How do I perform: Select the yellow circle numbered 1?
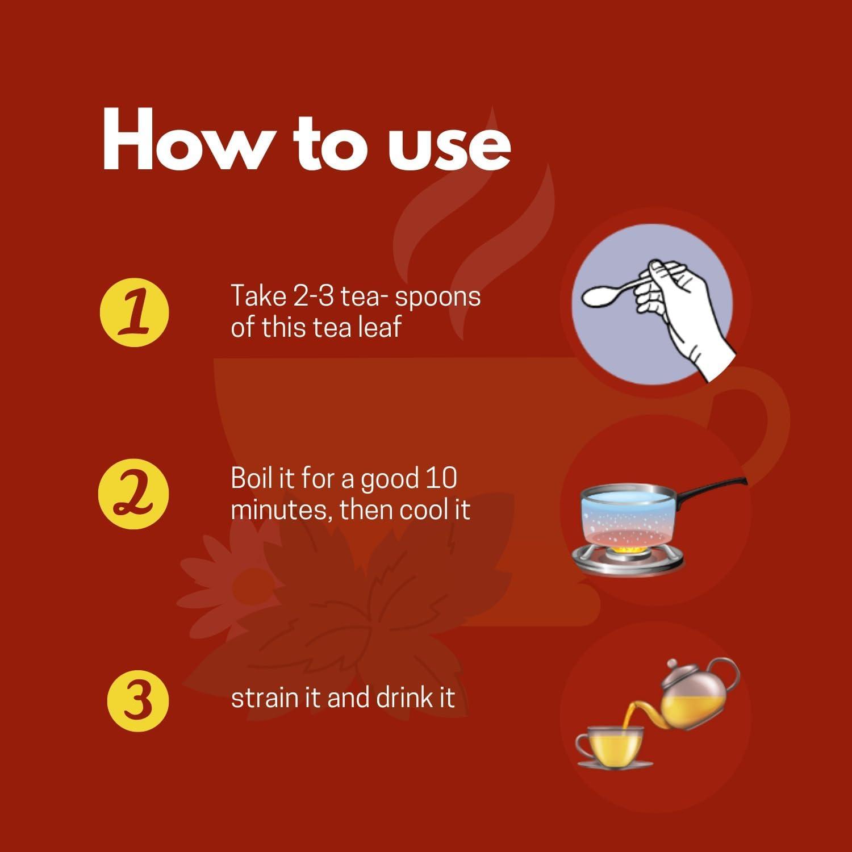click(x=135, y=312)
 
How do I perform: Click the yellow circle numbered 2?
click(x=134, y=494)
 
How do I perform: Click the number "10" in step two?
click(x=440, y=478)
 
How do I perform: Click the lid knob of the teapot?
click(x=673, y=663)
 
